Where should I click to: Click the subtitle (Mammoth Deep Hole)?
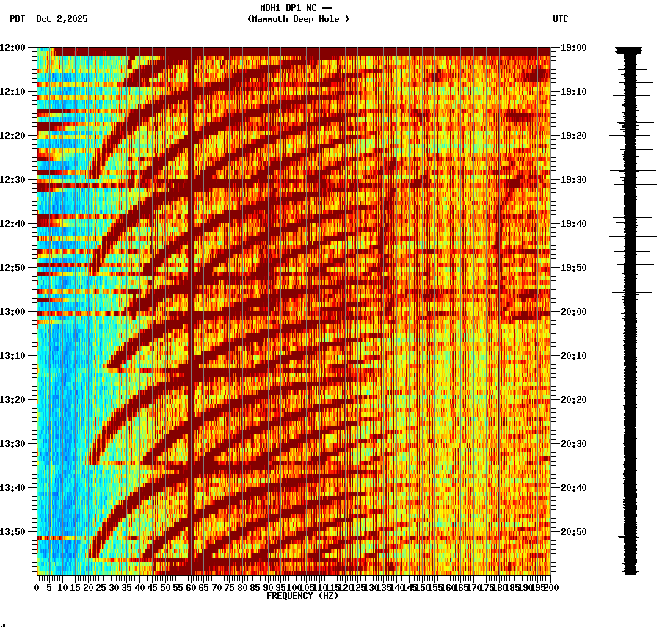coord(298,19)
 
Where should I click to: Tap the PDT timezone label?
coord(17,19)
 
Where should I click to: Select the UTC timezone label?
coord(560,19)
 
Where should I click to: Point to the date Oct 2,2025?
coord(62,19)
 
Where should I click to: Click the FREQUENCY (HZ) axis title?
coord(302,596)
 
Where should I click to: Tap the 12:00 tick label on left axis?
coord(12,48)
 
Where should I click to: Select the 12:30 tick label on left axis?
coord(12,180)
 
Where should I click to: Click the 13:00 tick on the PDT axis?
coord(12,312)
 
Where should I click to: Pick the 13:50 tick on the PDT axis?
coord(12,532)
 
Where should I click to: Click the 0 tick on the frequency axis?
coord(37,587)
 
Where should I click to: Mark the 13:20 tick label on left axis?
coord(12,400)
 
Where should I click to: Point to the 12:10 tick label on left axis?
coord(12,92)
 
